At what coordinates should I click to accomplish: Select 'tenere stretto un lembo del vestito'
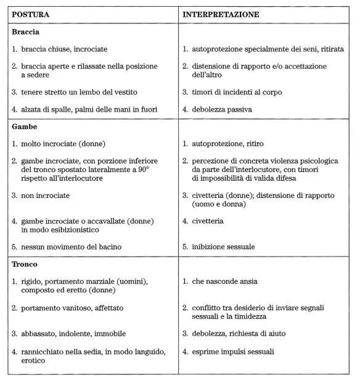79,93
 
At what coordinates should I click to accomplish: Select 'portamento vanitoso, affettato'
73,308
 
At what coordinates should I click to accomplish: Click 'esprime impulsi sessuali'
234,352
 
